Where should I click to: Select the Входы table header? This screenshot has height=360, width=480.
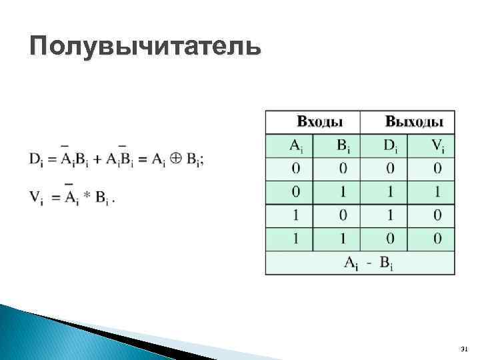pyautogui.click(x=319, y=122)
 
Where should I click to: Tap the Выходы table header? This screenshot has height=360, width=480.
pyautogui.click(x=413, y=122)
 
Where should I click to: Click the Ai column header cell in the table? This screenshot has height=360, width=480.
pyautogui.click(x=295, y=145)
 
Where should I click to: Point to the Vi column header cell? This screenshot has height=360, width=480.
pyautogui.click(x=437, y=145)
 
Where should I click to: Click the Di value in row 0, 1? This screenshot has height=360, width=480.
pyautogui.click(x=390, y=193)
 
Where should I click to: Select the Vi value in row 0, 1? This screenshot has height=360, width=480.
pyautogui.click(x=437, y=193)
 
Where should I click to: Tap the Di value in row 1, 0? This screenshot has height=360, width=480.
pyautogui.click(x=390, y=216)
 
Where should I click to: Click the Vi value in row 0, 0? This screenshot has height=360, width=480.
pyautogui.click(x=437, y=169)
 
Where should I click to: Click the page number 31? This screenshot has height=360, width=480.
pyautogui.click(x=465, y=349)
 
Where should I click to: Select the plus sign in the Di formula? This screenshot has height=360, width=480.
pyautogui.click(x=97, y=159)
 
